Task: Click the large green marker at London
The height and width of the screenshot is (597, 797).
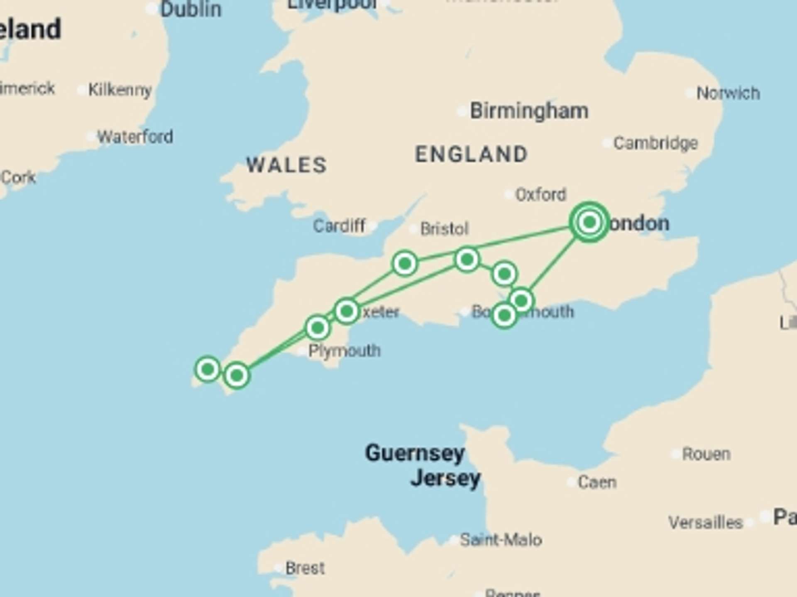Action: (589, 223)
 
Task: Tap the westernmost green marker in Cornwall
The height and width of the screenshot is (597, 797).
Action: (208, 369)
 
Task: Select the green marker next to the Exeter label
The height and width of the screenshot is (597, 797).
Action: (347, 311)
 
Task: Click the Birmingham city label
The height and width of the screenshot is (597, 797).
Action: (529, 111)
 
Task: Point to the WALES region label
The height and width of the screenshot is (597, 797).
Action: (286, 165)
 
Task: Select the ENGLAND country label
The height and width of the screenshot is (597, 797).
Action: (472, 154)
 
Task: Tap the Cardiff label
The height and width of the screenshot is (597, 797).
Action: (339, 226)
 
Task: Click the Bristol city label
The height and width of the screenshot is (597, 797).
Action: (444, 228)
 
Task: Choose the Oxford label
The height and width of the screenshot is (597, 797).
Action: (540, 194)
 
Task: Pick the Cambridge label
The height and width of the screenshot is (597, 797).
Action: (655, 143)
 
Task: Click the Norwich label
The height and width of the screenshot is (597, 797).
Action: (728, 93)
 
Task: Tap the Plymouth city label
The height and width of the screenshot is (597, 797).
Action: (344, 351)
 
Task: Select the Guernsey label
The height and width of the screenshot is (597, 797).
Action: (415, 453)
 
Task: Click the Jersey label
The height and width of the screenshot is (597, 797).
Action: (445, 478)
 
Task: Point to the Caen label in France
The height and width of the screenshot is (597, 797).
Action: (597, 482)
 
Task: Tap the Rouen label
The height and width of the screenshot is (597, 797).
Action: (706, 454)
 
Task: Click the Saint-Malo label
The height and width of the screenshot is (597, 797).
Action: (501, 540)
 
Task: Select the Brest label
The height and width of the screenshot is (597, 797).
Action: (305, 568)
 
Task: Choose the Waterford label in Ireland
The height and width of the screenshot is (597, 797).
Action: (135, 137)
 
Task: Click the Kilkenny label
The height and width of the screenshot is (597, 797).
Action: (120, 90)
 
